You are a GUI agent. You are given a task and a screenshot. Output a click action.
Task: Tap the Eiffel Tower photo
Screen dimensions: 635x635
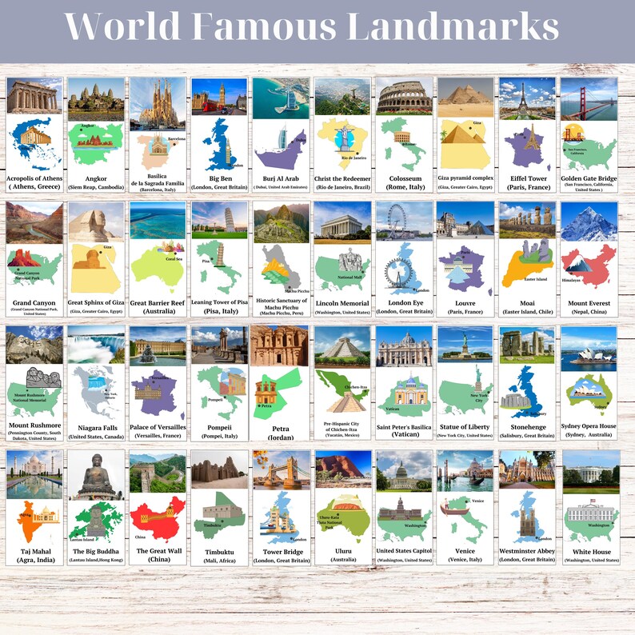pos(527,98)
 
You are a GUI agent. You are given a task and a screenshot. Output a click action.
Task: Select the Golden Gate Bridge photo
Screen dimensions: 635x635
pos(589,98)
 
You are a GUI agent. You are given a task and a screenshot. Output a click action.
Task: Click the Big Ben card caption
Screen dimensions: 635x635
pos(219,182)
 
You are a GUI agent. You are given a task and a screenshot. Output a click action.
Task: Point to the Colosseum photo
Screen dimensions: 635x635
pos(404,98)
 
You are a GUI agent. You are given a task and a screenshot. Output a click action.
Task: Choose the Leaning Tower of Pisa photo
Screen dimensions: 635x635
pos(219,222)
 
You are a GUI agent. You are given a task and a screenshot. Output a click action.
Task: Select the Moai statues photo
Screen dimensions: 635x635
pos(527,222)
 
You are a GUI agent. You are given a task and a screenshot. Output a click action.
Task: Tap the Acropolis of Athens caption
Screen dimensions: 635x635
pos(34,182)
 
